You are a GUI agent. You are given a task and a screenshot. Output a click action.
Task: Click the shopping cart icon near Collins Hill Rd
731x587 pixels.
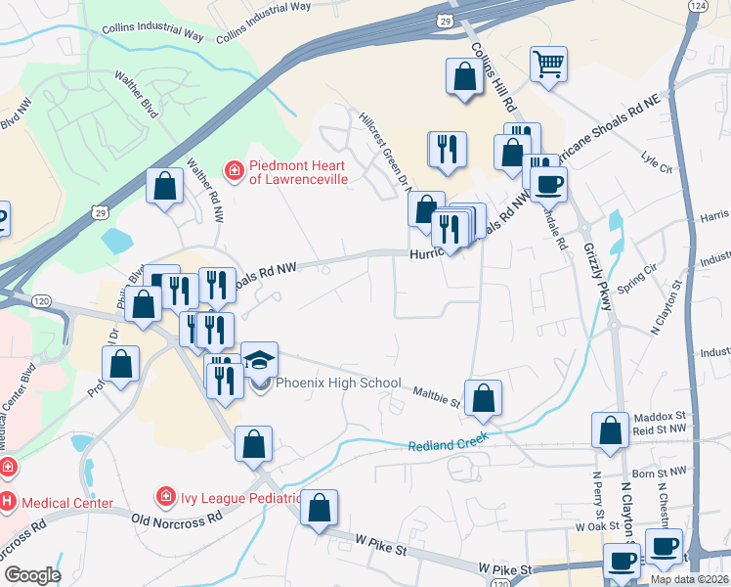pos(548,65)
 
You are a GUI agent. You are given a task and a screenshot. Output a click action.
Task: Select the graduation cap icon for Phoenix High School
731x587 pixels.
pos(259,361)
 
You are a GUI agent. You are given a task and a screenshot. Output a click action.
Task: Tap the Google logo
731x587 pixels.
pos(31,575)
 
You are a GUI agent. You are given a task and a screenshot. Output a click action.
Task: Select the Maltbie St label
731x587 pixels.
pos(436,394)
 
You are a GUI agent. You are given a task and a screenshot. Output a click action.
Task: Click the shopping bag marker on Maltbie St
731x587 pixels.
pos(483,398)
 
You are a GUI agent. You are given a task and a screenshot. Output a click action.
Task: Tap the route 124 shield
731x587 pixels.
pos(696,6)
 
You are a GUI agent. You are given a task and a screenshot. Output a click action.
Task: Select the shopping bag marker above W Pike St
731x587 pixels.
pos(319,508)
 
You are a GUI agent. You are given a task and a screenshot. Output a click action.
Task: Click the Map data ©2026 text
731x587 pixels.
pos(690,579)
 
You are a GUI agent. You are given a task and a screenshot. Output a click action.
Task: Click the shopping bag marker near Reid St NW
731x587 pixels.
pos(611,429)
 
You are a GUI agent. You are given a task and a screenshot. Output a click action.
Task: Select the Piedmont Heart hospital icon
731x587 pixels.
pos(235,172)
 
